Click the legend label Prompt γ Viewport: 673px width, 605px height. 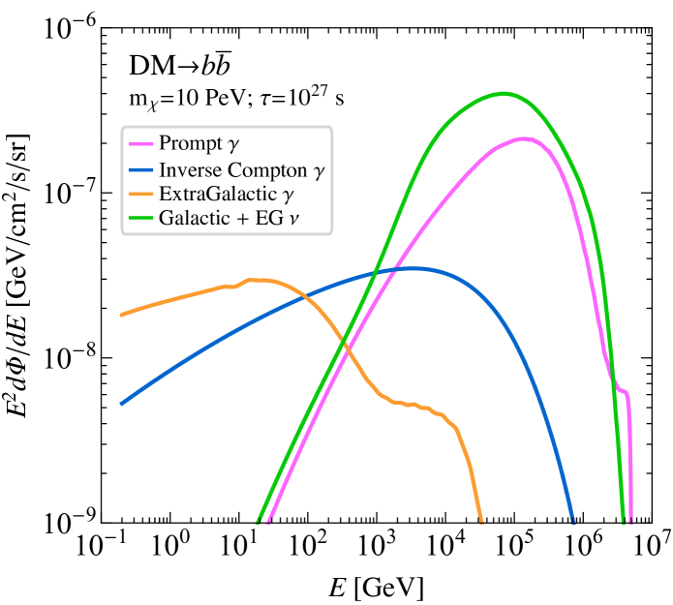199,144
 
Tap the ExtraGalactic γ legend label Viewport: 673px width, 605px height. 226,194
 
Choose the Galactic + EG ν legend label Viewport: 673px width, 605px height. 229,219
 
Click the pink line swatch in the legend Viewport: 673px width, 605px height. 141,144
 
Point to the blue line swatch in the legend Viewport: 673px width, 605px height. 141,169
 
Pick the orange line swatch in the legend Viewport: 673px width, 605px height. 141,195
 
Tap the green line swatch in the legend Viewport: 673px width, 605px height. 141,220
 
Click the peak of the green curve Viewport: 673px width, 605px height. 503,94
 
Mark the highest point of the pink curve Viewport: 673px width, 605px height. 523,138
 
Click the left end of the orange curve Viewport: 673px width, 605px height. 121,315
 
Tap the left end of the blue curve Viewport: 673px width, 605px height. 121,404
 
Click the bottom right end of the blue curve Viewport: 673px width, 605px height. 572,520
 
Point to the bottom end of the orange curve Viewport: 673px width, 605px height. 480,520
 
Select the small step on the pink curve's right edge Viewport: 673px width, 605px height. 622,392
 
